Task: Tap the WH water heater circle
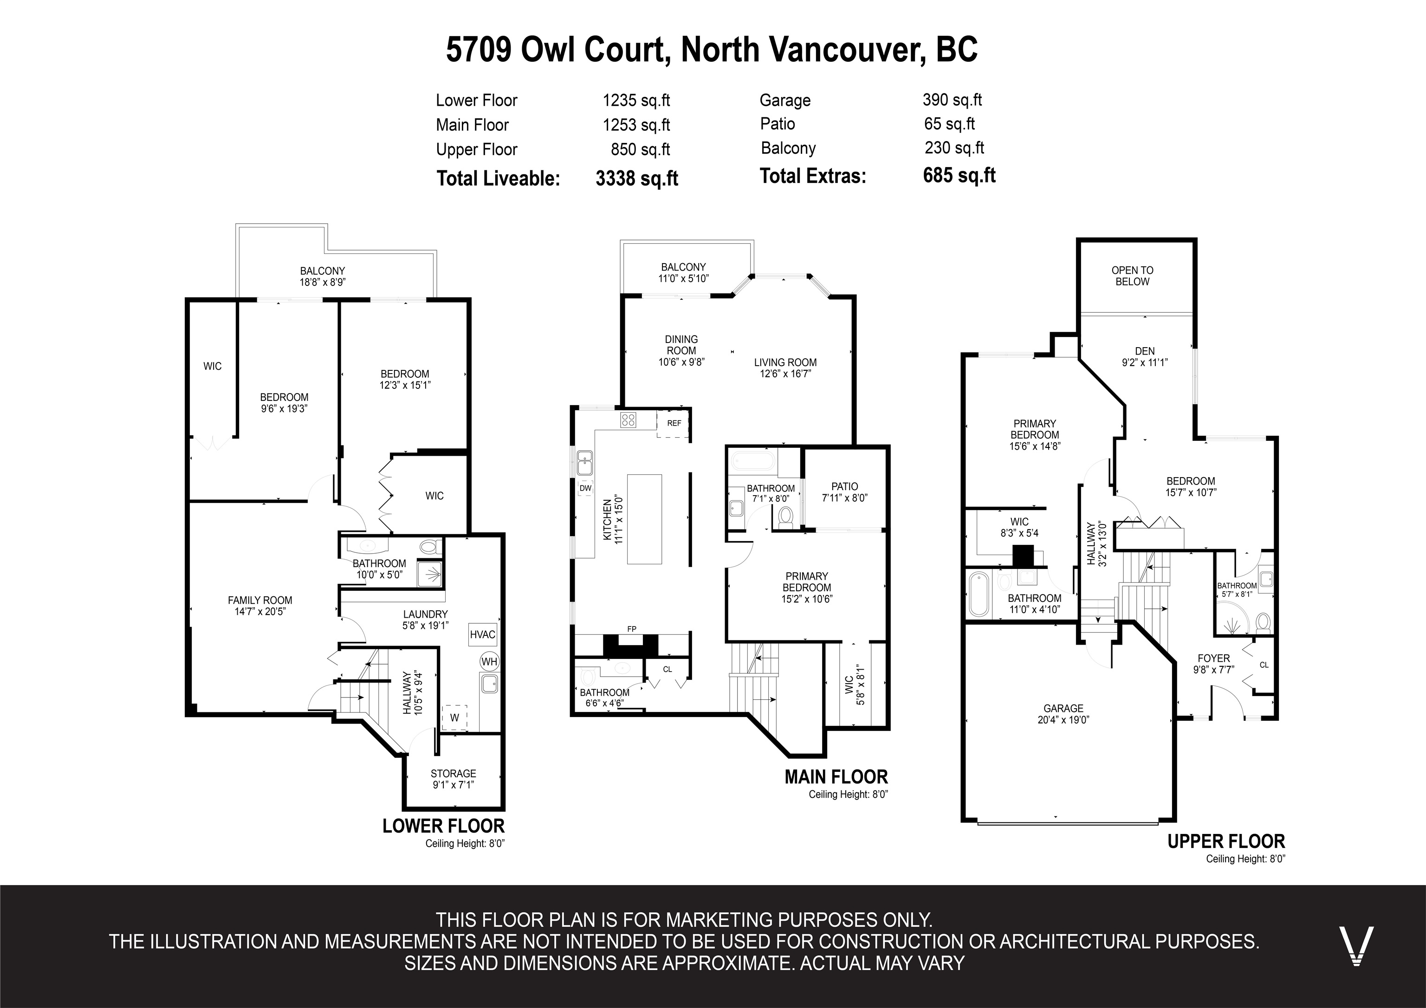489,661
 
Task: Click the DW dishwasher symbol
585,488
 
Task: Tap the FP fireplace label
632,629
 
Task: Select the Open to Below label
1132,276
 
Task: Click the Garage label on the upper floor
1063,708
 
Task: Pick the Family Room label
259,600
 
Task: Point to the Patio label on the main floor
845,486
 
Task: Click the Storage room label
454,773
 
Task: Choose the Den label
1145,351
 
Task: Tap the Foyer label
1213,659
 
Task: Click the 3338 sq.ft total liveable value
636,178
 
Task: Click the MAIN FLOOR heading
836,776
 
